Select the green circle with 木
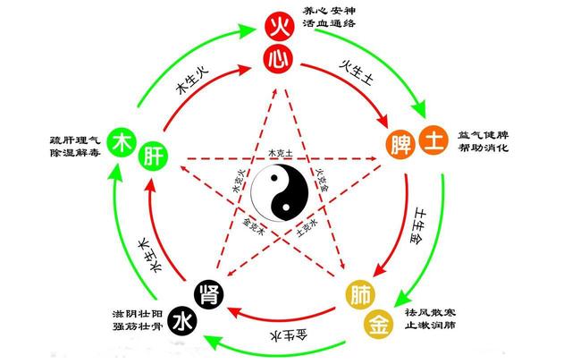click(121, 141)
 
